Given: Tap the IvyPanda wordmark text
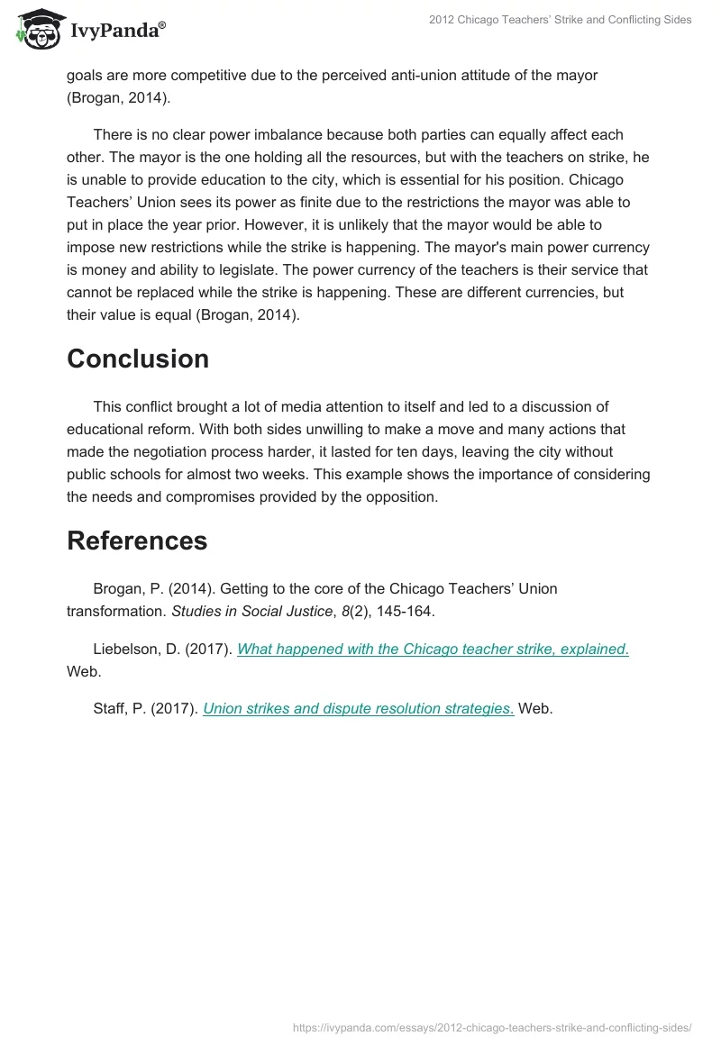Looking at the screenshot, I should click(117, 31).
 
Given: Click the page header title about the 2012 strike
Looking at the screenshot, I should click(561, 20).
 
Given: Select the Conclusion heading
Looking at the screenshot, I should click(138, 359).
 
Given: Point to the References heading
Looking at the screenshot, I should click(137, 541).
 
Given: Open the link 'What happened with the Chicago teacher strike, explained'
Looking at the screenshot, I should click(433, 650).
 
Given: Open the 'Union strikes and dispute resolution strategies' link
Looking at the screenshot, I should click(359, 708).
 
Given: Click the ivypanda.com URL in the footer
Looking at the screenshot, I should click(493, 1026).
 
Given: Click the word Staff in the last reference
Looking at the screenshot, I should click(110, 708).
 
